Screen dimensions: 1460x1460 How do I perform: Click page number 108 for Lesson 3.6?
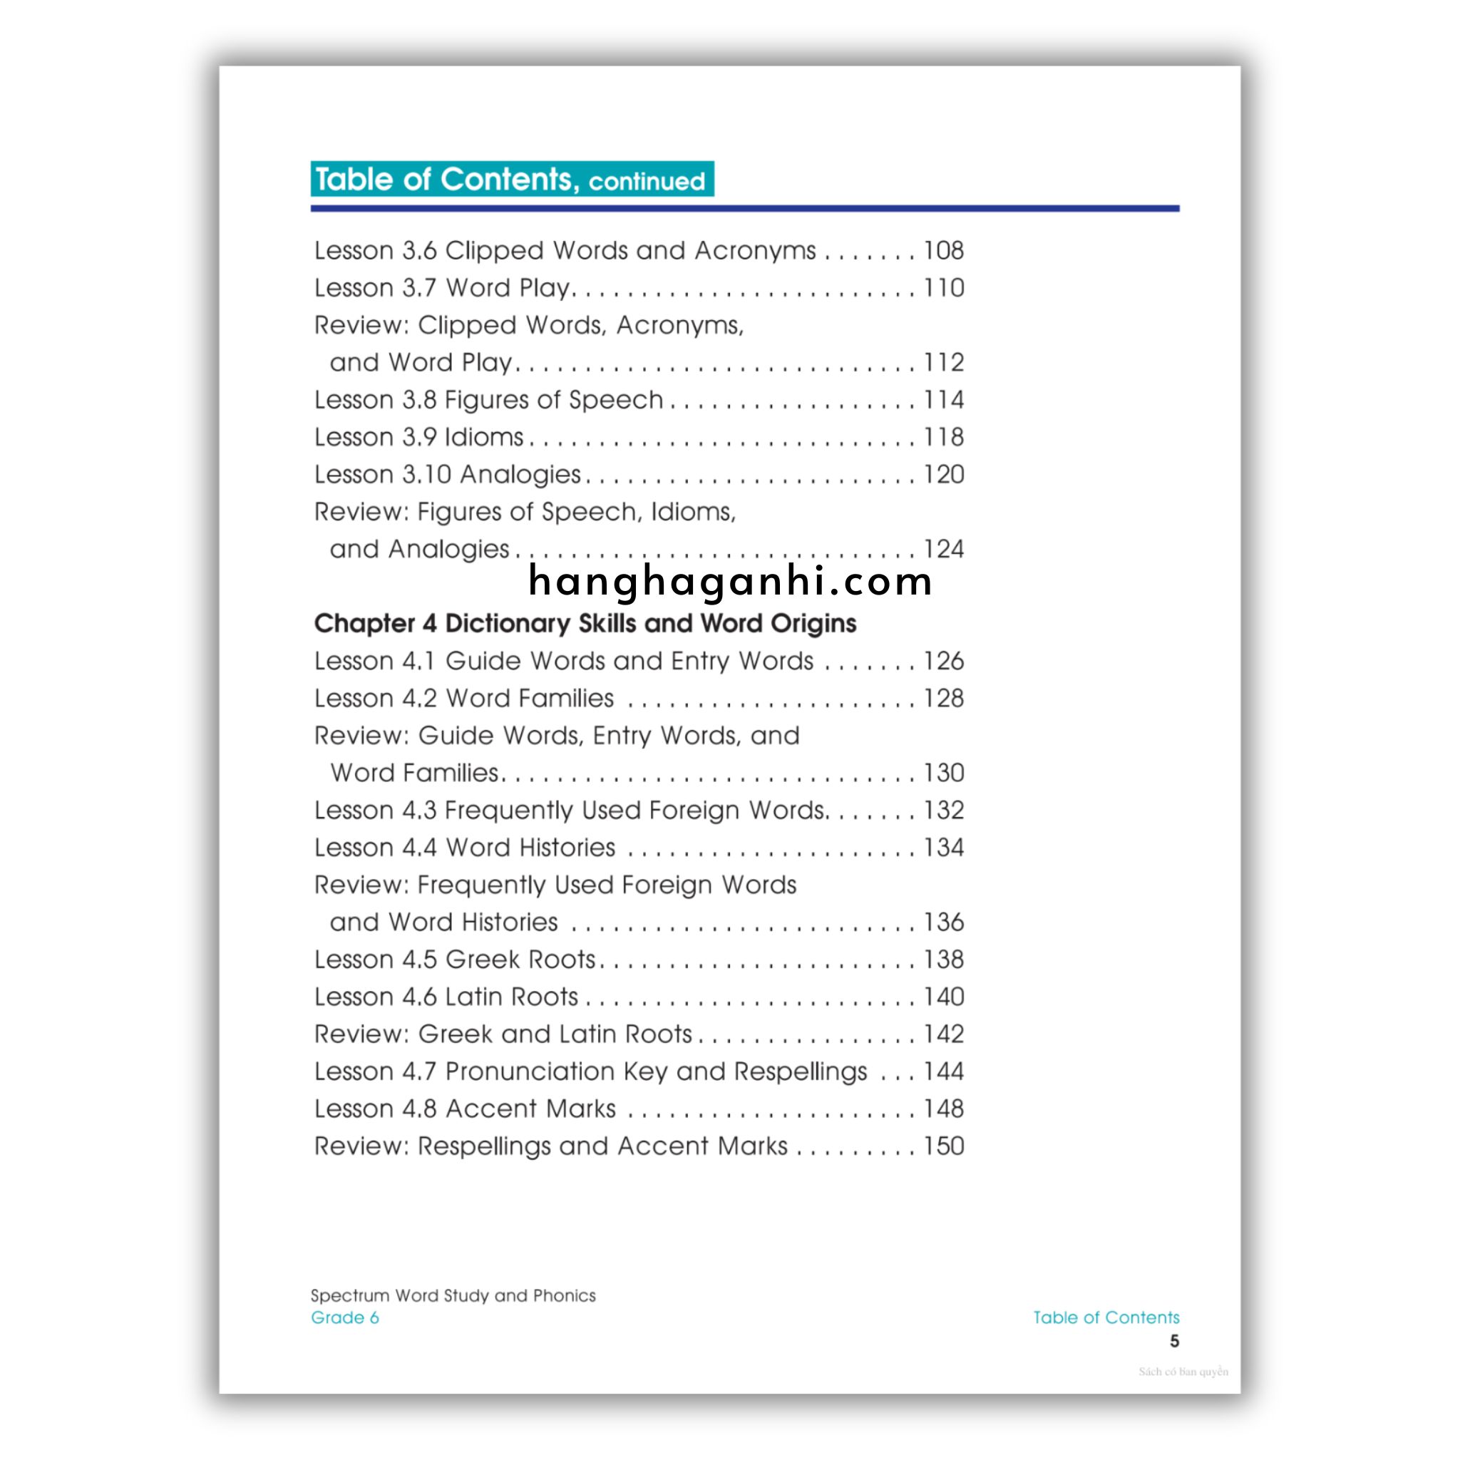click(x=944, y=251)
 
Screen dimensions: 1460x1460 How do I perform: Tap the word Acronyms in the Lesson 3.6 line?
click(x=755, y=251)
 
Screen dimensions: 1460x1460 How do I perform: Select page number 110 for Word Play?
click(x=944, y=288)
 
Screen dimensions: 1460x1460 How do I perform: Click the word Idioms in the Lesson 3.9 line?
click(x=484, y=438)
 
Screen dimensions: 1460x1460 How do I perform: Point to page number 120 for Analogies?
click(x=944, y=475)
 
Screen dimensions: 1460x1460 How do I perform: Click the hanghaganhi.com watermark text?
click(x=730, y=582)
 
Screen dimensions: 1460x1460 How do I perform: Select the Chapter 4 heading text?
click(x=585, y=624)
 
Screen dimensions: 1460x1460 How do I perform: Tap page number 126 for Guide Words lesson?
click(x=944, y=662)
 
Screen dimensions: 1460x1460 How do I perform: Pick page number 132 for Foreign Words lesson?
click(x=944, y=810)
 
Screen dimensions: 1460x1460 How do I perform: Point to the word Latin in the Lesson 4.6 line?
click(x=474, y=997)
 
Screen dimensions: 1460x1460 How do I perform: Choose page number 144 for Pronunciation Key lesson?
click(x=944, y=1071)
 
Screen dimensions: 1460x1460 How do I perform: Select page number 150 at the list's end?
click(x=944, y=1146)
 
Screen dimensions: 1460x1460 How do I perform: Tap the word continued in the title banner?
click(x=646, y=182)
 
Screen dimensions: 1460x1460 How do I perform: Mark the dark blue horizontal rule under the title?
click(x=744, y=209)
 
